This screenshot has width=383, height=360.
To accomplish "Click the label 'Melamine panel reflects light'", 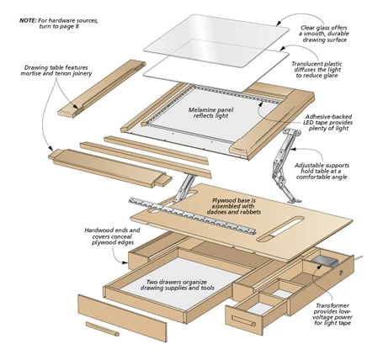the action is (210, 113).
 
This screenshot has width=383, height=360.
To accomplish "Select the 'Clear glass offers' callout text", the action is (324, 28).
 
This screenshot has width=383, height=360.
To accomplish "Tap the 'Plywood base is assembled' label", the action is (234, 206).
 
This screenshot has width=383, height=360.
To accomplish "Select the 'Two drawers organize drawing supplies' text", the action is (178, 285).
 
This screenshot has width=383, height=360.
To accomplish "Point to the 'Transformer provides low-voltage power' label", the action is (332, 315).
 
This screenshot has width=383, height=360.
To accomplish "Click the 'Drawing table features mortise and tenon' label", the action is (56, 71).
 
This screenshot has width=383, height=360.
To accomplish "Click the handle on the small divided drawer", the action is (243, 321).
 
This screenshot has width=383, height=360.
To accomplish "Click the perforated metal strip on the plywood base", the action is (193, 215).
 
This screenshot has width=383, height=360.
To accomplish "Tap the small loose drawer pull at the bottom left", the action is (103, 329).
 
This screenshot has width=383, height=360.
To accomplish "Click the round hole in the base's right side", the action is (341, 273).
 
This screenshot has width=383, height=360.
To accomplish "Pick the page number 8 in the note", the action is (77, 27).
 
